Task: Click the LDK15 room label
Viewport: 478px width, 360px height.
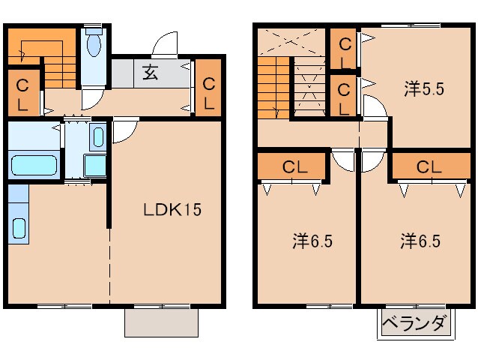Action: [x=172, y=211]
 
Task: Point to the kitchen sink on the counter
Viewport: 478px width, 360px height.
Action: [x=19, y=226]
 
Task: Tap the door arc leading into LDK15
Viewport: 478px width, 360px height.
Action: [x=124, y=132]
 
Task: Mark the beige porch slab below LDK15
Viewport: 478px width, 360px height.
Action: [x=161, y=322]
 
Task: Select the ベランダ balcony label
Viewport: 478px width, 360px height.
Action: [x=416, y=325]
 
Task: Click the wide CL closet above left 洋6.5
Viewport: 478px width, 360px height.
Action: [x=293, y=166]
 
